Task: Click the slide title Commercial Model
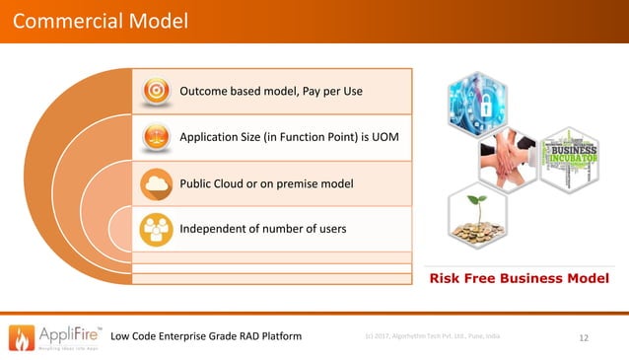95,21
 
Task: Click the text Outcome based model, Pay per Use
271,92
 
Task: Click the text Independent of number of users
262,230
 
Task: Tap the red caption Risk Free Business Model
518,279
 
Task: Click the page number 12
584,338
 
